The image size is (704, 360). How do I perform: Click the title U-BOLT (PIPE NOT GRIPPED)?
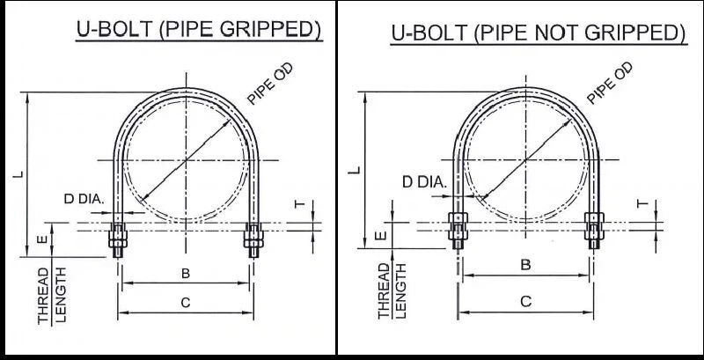(538, 33)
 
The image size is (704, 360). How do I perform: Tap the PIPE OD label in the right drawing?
(610, 84)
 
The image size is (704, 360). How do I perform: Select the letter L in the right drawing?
(354, 167)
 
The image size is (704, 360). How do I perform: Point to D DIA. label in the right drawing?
(424, 182)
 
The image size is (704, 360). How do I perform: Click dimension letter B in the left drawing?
(186, 274)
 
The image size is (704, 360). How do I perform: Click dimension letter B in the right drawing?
(525, 264)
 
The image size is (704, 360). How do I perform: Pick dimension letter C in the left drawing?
(186, 303)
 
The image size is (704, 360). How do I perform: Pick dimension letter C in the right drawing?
(525, 301)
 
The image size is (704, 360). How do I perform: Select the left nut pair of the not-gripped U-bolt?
(456, 226)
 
